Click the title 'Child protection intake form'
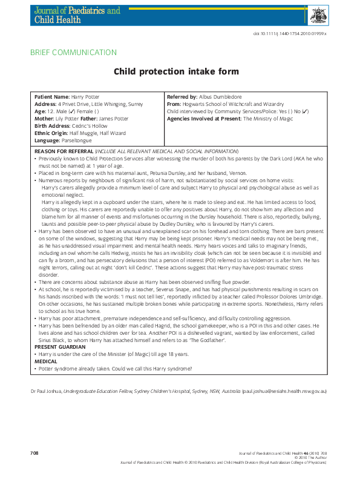pyautogui.click(x=176, y=71)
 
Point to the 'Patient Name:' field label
pyautogui.click(x=52, y=97)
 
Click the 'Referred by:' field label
pyautogui.click(x=182, y=97)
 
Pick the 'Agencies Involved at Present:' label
pyautogui.click(x=204, y=119)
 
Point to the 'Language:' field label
pyautogui.click(x=47, y=140)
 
